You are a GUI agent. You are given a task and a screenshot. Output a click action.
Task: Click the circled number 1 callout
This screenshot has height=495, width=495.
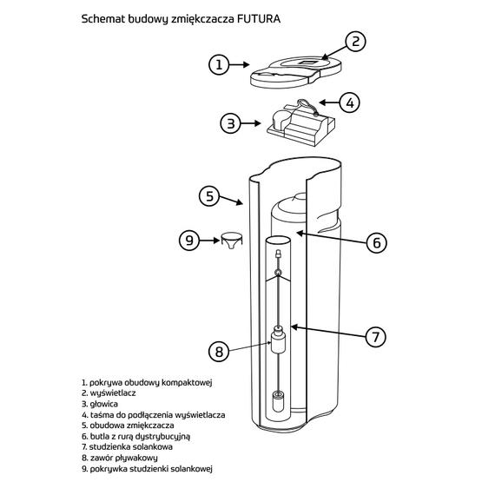tap(219, 65)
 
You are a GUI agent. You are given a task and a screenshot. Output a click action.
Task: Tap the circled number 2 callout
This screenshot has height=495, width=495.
tap(355, 42)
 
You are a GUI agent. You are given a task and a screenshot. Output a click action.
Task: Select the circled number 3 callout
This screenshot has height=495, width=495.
tap(231, 123)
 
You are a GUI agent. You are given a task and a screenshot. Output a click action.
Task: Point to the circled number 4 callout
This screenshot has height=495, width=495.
tap(350, 102)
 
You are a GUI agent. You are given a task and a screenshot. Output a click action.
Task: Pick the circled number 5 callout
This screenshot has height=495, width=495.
tap(209, 196)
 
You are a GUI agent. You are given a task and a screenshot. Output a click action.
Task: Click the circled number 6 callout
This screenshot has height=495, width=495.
tap(377, 243)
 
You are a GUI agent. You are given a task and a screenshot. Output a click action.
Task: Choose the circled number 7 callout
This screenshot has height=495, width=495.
tap(376, 337)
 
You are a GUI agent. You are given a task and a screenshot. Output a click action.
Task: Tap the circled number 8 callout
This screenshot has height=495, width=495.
tap(219, 352)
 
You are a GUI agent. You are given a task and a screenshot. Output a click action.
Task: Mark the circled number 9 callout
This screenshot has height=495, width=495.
tap(189, 241)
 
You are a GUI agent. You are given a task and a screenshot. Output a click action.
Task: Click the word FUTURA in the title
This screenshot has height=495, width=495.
tap(259, 19)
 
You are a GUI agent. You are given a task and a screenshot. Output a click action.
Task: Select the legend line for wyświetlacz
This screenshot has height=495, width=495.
tap(109, 393)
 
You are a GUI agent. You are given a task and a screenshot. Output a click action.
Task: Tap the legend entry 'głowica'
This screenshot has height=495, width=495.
tap(100, 404)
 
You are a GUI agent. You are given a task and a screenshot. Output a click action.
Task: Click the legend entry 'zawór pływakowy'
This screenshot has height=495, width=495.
tap(120, 458)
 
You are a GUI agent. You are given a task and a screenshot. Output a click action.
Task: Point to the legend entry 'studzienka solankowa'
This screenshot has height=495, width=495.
tap(127, 446)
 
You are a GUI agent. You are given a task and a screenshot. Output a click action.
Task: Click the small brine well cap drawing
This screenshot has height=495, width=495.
tap(232, 241)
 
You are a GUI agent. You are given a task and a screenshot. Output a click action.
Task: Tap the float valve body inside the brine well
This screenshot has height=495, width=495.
tap(278, 342)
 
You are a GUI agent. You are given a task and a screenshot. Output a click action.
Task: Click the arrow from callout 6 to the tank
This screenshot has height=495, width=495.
tap(331, 238)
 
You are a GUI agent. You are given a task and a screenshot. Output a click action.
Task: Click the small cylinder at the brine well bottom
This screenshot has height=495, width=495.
tap(278, 401)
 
